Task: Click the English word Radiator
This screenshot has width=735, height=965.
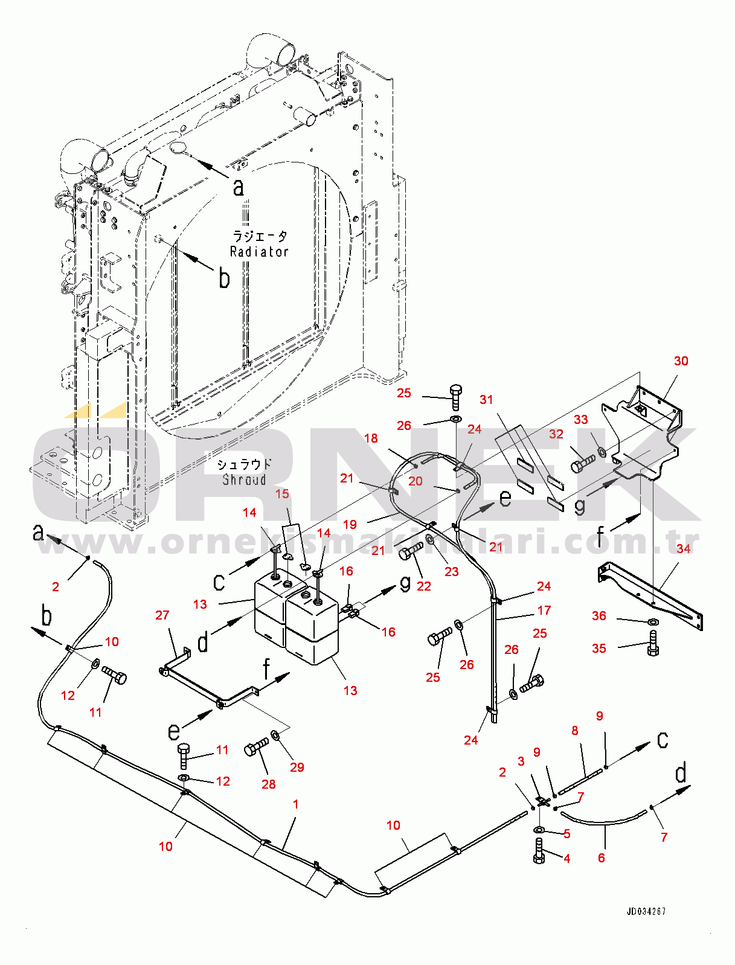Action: click(259, 252)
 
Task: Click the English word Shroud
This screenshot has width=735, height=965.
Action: click(244, 480)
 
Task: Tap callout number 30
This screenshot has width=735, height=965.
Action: click(681, 361)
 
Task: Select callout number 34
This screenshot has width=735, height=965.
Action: click(683, 548)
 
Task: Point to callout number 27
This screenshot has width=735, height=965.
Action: click(162, 615)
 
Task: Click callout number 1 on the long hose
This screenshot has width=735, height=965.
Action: click(295, 804)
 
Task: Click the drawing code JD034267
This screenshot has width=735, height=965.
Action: click(646, 911)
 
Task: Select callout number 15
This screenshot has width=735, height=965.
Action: click(282, 493)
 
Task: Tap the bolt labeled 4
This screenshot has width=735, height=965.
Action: click(539, 851)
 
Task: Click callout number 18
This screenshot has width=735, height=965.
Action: click(371, 438)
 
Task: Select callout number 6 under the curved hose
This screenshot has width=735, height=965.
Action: click(601, 858)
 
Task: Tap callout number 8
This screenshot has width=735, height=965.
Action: click(574, 730)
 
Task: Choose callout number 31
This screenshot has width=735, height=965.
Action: click(486, 399)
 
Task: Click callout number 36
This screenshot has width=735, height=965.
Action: click(599, 615)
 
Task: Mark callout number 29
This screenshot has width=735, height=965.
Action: click(297, 767)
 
